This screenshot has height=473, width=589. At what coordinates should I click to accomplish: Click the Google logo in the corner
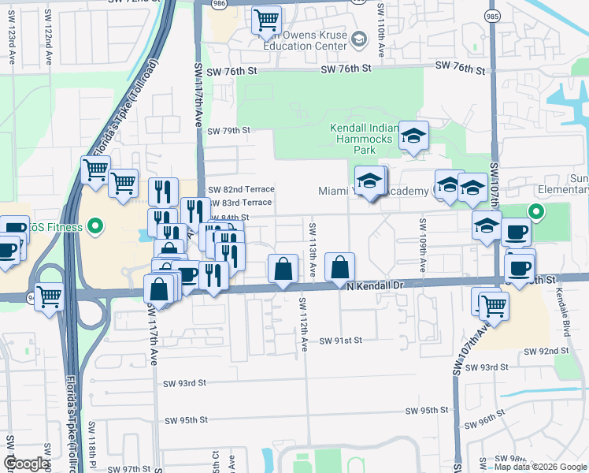[x=26, y=464]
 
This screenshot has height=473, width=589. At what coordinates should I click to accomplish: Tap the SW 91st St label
[x=340, y=341]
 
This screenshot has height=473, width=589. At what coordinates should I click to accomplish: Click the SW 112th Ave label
[x=303, y=324]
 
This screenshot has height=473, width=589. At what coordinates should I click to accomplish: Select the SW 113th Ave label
[x=313, y=249]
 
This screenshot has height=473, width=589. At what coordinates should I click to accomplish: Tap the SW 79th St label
[x=228, y=130]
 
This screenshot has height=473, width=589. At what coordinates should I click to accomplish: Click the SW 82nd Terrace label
[x=241, y=189]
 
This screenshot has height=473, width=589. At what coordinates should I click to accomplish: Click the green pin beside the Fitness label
[x=95, y=228]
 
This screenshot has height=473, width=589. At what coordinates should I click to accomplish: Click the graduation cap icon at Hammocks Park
[x=413, y=136]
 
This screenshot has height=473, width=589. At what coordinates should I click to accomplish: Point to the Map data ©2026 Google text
[x=540, y=467]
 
